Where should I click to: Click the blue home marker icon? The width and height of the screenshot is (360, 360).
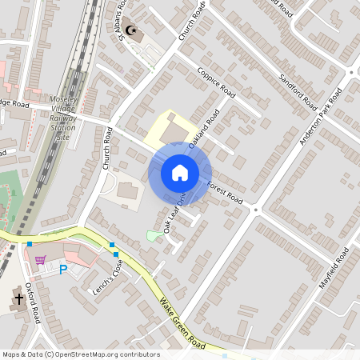point(180,173)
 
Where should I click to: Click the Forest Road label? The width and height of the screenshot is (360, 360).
point(224,193)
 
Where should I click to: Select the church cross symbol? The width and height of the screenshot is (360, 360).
point(18,300)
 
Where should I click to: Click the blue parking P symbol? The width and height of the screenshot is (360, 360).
point(63,269)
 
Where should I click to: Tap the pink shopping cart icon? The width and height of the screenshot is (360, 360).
point(41,258)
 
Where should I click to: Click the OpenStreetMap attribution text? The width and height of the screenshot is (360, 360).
point(80,354)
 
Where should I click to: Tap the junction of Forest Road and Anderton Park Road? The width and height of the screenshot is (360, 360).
point(256,210)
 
